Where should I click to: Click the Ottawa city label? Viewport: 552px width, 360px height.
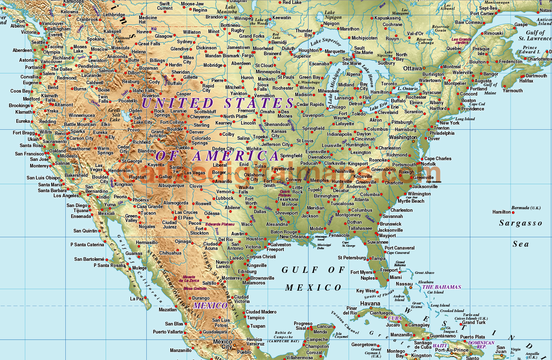pyautogui.click(x=412, y=68)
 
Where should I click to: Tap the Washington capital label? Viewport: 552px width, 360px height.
pyautogui.click(x=403, y=137)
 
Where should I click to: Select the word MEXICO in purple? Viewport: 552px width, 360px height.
pyautogui.click(x=210, y=306)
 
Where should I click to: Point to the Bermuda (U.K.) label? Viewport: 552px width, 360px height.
pyautogui.click(x=526, y=208)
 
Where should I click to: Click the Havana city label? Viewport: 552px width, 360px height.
pyautogui.click(x=370, y=303)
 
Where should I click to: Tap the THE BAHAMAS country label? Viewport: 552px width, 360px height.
pyautogui.click(x=441, y=287)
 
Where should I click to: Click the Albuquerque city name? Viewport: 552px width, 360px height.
pyautogui.click(x=171, y=186)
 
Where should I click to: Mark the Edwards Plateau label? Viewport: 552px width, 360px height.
pyautogui.click(x=220, y=224)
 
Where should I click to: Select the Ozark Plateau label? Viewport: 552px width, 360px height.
pyautogui.click(x=285, y=193)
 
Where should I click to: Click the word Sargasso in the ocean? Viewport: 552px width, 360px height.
pyautogui.click(x=520, y=223)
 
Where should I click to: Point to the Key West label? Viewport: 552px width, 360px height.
pyautogui.click(x=366, y=291)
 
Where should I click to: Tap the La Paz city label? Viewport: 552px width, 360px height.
pyautogui.click(x=137, y=299)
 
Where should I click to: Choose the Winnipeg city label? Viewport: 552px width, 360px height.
pyautogui.click(x=243, y=18)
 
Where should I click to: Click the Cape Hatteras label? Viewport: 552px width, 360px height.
pyautogui.click(x=434, y=182)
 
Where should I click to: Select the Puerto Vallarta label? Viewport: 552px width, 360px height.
pyautogui.click(x=168, y=332)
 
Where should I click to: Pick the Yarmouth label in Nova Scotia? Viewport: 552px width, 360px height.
pyautogui.click(x=512, y=90)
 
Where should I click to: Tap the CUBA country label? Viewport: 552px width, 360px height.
pyautogui.click(x=395, y=318)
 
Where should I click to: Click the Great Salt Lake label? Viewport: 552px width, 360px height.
pyautogui.click(x=115, y=115)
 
